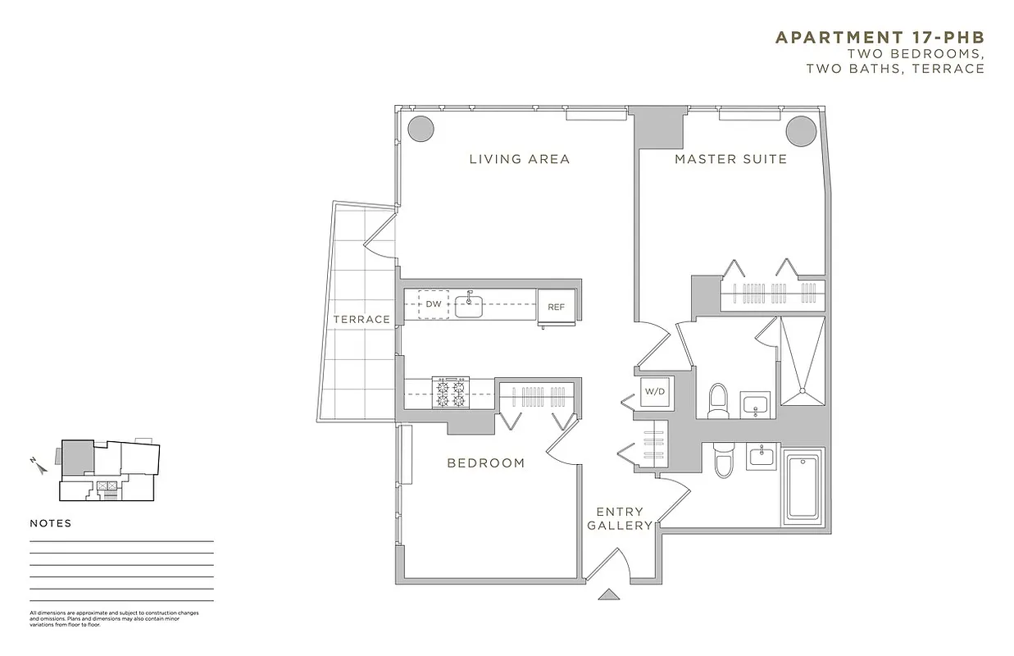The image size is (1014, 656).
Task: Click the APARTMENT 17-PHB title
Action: coord(880,38)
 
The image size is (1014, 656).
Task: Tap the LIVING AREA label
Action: coord(519,159)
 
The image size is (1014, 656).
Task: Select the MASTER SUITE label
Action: coord(730,159)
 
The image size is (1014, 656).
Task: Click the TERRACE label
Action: coord(361,319)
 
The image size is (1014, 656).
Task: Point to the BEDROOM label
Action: coord(485,463)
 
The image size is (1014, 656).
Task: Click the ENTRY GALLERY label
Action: coord(620,519)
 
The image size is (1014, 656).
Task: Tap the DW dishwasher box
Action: coord(434,304)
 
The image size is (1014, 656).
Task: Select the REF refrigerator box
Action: coord(557,307)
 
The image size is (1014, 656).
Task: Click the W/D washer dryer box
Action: coord(655,392)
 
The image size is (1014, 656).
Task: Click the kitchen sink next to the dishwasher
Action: coord(469,305)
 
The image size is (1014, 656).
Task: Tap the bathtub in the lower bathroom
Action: coord(803,486)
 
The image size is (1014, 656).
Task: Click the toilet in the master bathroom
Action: coord(719,399)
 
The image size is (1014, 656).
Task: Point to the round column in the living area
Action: coord(421,128)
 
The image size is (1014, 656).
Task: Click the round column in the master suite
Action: coord(801,129)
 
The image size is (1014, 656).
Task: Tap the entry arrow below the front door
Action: coord(607,594)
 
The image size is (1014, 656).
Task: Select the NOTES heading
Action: coord(51,523)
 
